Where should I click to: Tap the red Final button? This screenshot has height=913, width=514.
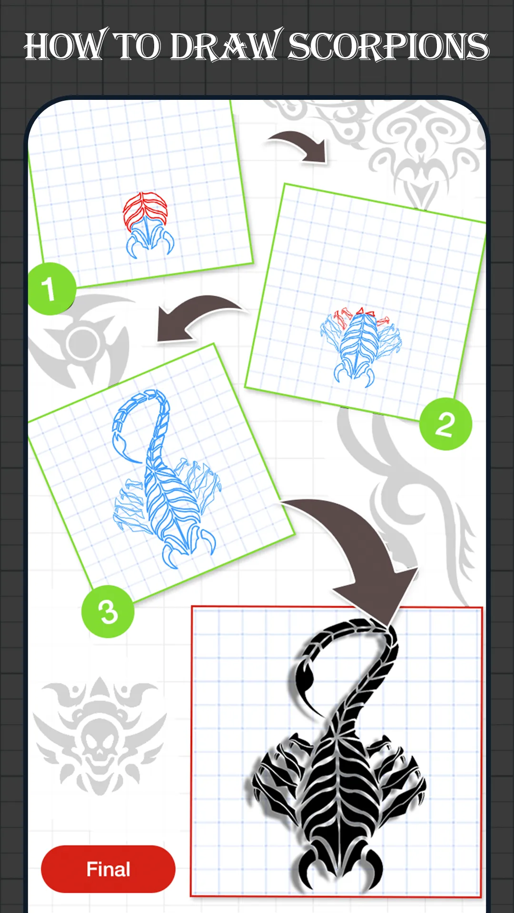pyautogui.click(x=108, y=869)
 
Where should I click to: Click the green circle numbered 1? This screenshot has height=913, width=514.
pyautogui.click(x=50, y=289)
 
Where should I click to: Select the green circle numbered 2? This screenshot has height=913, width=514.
pyautogui.click(x=445, y=424)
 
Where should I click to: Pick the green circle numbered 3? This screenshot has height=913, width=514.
pyautogui.click(x=108, y=612)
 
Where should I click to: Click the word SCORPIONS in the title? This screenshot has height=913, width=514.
pyautogui.click(x=388, y=47)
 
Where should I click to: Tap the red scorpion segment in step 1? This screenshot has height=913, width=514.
pyautogui.click(x=145, y=210)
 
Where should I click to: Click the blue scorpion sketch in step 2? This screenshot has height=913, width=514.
pyautogui.click(x=361, y=346)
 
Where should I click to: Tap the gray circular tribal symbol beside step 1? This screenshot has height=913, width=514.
pyautogui.click(x=81, y=340)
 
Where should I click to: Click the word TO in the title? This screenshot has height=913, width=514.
pyautogui.click(x=138, y=47)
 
